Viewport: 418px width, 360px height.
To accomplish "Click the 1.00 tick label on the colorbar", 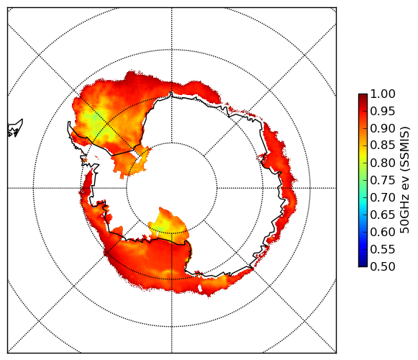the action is click(x=383, y=94).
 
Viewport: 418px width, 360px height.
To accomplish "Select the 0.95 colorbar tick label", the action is click(x=383, y=112).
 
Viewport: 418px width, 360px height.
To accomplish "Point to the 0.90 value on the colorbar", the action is click(x=383, y=128).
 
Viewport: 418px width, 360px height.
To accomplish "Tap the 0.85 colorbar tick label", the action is click(x=383, y=145).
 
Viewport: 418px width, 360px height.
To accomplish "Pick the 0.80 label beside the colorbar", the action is click(x=383, y=163).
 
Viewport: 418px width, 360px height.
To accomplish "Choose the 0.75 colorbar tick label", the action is click(x=383, y=180).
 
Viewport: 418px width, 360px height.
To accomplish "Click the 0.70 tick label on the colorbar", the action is click(x=383, y=197).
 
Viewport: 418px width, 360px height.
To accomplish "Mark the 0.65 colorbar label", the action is click(x=383, y=215).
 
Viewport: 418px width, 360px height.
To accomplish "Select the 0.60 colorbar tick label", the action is click(x=383, y=232).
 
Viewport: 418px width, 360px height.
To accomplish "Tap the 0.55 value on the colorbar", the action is click(x=383, y=249).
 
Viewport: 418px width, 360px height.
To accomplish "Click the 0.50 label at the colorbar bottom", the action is click(x=383, y=266).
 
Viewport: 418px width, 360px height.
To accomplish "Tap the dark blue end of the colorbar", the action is click(x=363, y=265).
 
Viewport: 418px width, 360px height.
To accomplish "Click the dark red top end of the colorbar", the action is click(x=363, y=96).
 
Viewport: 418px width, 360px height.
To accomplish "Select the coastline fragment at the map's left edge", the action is click(x=15, y=128).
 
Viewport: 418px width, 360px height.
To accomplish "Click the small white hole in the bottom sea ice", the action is click(x=200, y=289).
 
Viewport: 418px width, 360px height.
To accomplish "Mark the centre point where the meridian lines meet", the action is click(x=172, y=188).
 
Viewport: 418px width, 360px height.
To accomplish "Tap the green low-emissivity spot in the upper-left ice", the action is click(x=94, y=118).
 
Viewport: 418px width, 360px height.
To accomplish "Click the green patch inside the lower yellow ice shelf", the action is click(x=160, y=228).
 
